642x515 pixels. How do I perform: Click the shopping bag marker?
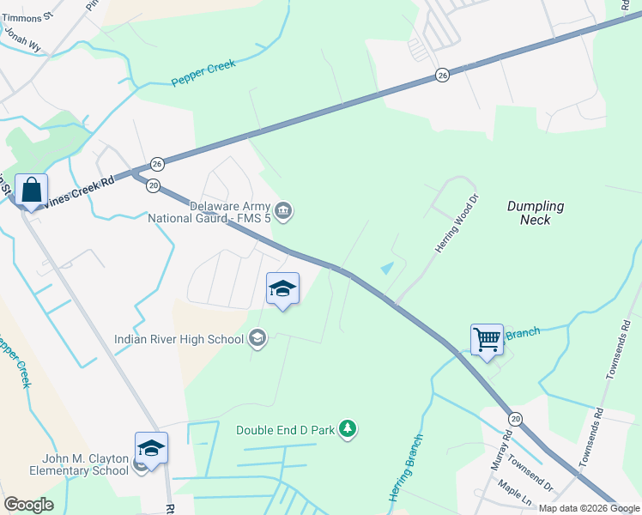(31, 191)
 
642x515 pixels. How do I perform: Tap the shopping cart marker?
(487, 339)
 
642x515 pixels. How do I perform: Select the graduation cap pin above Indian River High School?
(282, 289)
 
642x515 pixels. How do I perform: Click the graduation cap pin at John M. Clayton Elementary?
(151, 450)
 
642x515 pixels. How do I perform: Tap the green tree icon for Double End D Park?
(347, 428)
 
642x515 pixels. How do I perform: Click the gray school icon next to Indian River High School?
(257, 339)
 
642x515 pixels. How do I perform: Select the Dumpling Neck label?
(536, 213)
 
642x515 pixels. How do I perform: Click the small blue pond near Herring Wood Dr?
(388, 268)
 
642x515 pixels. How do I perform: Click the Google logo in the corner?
(28, 505)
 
